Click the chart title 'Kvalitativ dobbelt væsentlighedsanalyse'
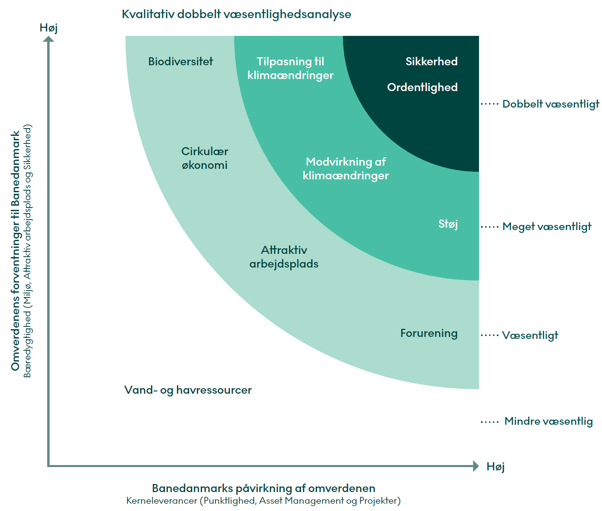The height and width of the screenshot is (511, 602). pos(236,14)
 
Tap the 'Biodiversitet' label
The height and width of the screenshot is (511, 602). pos(180,61)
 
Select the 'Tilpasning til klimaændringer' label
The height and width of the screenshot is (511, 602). pos(290,68)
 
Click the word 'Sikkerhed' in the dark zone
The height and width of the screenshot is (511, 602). pos(431,61)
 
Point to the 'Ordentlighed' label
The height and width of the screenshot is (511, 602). pos(422,87)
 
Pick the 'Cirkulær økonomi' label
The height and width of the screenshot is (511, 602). pos(204,158)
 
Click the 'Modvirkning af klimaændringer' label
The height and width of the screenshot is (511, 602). pos(346,168)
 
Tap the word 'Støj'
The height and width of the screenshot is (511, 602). pos(448,224)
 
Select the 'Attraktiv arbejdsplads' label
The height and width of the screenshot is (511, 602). pos(284,257)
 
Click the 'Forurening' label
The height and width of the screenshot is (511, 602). pos(429,333)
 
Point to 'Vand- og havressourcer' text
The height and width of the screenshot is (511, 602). pos(188,390)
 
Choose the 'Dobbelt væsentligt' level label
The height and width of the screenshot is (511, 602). pos(550,104)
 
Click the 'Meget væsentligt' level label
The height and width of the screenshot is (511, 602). pos(546,226)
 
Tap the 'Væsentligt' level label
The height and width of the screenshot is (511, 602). pos(530,335)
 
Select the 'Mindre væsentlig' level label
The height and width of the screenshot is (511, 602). pos(548,421)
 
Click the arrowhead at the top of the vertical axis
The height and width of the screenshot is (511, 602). pos(48,39)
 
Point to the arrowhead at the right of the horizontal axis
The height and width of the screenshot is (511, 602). pos(476,466)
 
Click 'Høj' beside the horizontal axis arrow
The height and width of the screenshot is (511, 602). pos(495,467)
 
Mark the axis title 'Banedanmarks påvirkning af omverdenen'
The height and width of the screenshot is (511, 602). pos(263,488)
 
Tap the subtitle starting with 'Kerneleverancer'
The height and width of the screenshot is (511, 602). pos(263,501)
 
